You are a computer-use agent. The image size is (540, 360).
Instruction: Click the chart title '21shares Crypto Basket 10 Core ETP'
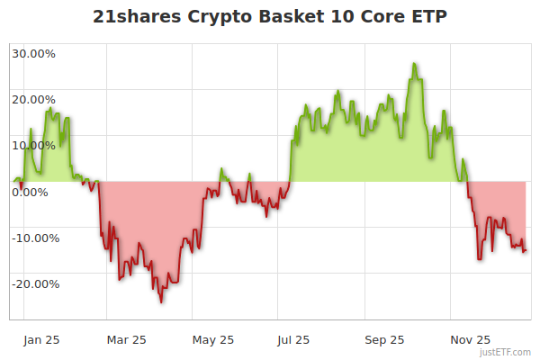pos(270,18)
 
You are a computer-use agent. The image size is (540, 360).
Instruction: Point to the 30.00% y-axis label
pos(33,53)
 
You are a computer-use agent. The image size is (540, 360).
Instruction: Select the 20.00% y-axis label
pos(33,99)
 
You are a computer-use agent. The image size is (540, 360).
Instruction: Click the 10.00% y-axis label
pos(33,145)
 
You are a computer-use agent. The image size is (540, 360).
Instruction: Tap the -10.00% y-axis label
pos(33,238)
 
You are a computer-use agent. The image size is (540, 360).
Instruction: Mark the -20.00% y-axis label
pos(33,283)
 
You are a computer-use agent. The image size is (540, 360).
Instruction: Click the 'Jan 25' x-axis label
pos(41,339)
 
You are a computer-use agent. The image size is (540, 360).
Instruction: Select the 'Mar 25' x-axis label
pos(126,339)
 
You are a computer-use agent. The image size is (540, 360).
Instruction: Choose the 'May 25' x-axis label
pos(213,339)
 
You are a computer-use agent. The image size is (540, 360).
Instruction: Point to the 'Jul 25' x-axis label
pos(293,339)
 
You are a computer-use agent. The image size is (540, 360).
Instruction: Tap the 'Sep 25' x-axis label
pos(385,339)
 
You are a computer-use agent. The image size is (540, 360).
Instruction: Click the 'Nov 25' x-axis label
pos(471,339)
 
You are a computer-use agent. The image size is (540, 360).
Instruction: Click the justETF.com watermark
pos(507,353)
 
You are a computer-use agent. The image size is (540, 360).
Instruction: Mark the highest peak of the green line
pos(414,64)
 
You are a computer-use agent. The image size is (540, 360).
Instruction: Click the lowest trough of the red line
pos(162,301)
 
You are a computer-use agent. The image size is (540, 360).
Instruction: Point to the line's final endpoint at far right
pos(526,251)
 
